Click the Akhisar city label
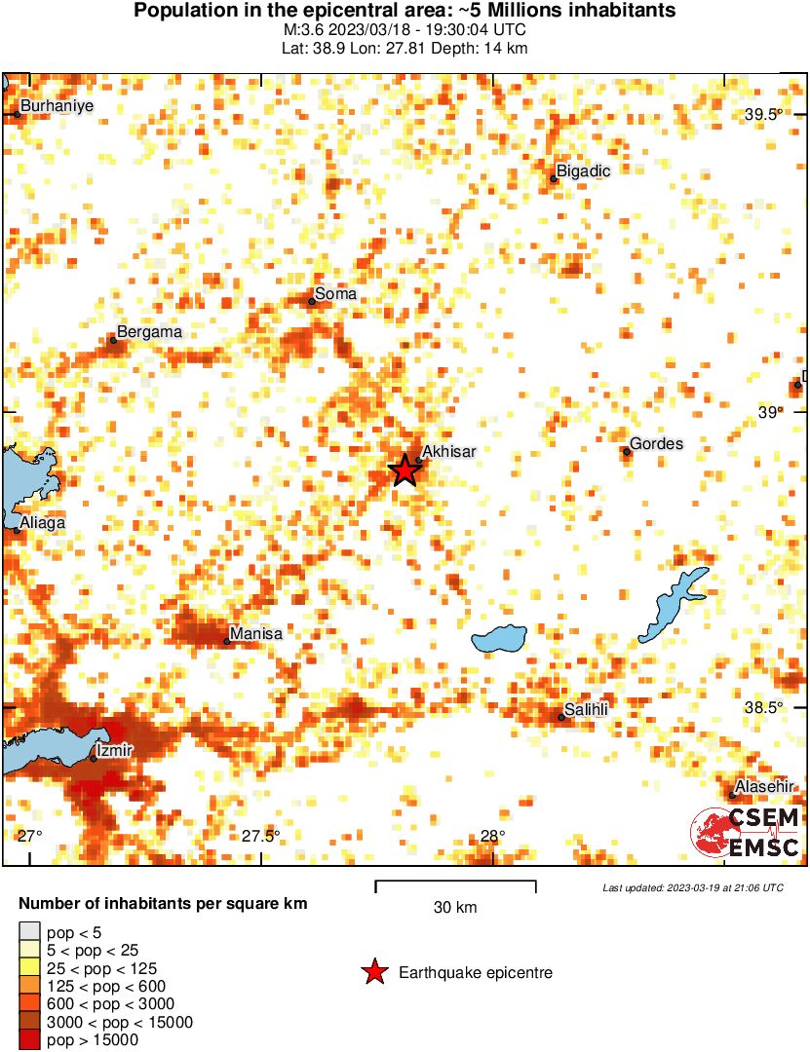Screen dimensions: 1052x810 [x=450, y=452]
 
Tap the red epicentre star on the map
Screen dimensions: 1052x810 [x=405, y=470]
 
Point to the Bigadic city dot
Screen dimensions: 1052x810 [x=554, y=178]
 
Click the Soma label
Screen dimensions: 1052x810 [x=336, y=294]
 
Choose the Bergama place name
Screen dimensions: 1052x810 [x=149, y=332]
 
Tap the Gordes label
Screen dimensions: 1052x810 [x=656, y=444]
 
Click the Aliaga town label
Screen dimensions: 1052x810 [x=42, y=523]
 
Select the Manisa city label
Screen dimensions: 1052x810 [x=257, y=634]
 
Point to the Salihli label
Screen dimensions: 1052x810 [x=587, y=710]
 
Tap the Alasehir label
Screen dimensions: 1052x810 [x=765, y=787]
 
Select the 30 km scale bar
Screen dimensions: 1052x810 [x=455, y=884]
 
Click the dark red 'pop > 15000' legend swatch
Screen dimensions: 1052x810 [x=30, y=1040]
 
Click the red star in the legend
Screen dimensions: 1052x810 [x=372, y=972]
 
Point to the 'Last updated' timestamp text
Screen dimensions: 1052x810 [x=693, y=888]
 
